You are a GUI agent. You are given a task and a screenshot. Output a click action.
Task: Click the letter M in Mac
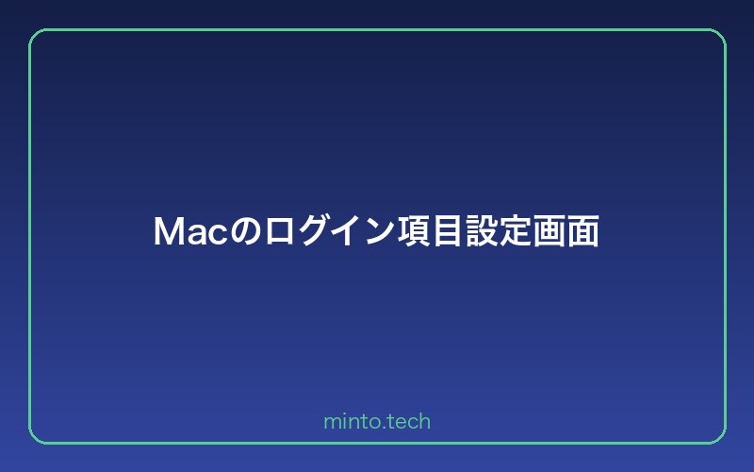168,232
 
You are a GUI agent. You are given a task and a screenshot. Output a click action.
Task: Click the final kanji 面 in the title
583,232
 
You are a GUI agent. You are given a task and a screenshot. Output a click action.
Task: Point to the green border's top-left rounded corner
35,35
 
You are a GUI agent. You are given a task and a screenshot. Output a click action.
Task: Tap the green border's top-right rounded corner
719,35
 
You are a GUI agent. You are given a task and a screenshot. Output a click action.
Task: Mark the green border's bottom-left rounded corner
35,437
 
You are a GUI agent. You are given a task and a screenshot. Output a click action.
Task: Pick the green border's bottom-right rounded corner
719,437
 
